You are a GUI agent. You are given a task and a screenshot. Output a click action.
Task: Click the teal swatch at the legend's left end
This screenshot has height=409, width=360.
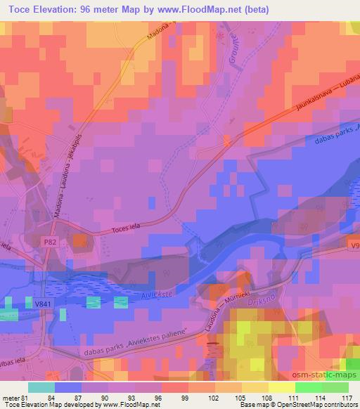click(x=41, y=387)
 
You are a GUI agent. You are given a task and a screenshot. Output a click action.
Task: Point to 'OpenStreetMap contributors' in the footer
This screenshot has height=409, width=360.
click(x=319, y=405)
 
